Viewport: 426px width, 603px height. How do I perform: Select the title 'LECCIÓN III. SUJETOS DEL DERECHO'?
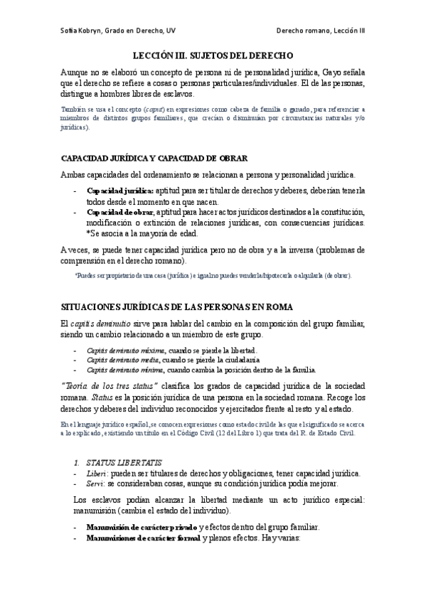[x=213, y=55]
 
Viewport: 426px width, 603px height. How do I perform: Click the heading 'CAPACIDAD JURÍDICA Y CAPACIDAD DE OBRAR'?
[x=154, y=158]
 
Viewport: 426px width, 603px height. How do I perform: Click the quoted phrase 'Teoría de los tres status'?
[x=106, y=385]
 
